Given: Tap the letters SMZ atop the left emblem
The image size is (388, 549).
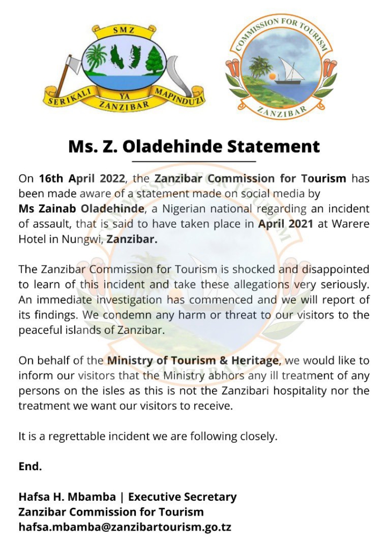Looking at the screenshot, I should click(x=122, y=31).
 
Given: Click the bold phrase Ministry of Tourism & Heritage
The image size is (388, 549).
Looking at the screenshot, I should click(x=193, y=360).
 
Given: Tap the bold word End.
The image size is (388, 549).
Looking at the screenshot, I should click(x=30, y=466).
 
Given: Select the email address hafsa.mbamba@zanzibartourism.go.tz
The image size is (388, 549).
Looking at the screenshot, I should click(x=125, y=527).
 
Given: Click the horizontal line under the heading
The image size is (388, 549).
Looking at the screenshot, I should click(x=194, y=161).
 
